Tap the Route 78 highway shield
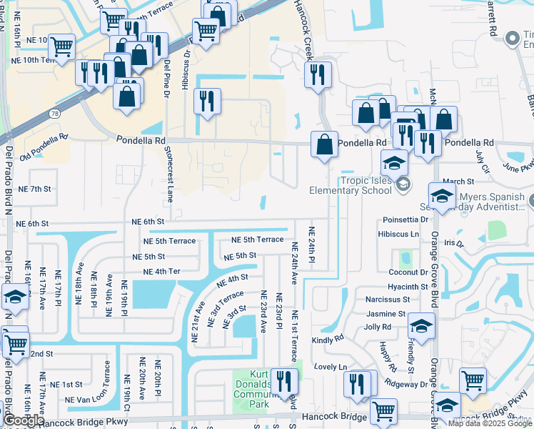click(x=55, y=114)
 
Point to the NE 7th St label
click(x=35, y=189)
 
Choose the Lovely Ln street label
click(x=330, y=367)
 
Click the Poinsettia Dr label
click(x=404, y=220)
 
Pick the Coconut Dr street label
click(x=408, y=272)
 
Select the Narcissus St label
click(x=386, y=300)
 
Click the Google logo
click(x=24, y=420)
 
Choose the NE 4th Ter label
click(x=161, y=272)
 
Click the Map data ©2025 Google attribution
click(x=490, y=423)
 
